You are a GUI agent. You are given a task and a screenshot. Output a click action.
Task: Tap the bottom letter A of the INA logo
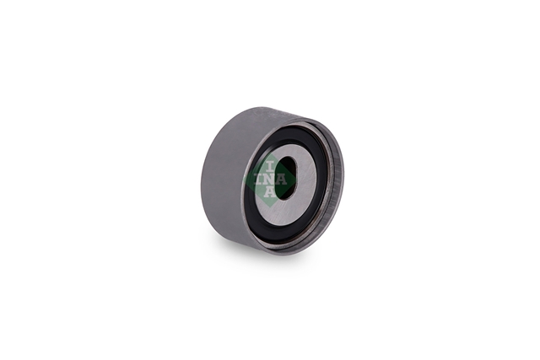[270, 191]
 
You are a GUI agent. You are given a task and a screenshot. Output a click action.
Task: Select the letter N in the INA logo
[270, 180]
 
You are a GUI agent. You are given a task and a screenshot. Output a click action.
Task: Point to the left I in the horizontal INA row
[259, 180]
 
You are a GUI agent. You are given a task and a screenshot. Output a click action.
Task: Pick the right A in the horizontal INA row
[282, 180]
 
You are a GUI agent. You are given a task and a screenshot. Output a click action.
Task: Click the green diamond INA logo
[270, 180]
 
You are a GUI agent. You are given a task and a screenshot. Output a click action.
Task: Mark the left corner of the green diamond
[243, 180]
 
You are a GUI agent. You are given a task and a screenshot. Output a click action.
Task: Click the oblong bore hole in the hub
[287, 178]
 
